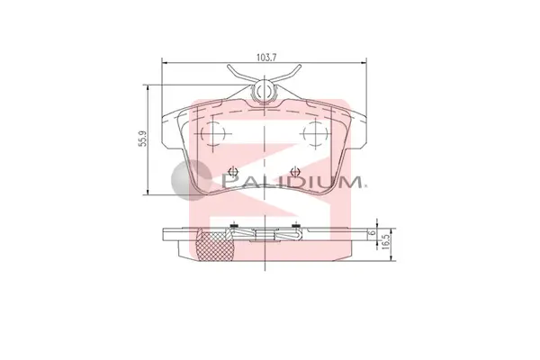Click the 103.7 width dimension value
(266, 58)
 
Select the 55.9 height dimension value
(142, 139)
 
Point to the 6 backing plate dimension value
(371, 232)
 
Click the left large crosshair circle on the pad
(212, 133)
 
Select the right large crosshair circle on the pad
(316, 133)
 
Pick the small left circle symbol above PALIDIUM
(234, 171)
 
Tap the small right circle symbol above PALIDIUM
(295, 171)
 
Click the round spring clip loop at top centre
(264, 91)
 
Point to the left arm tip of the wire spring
(229, 66)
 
